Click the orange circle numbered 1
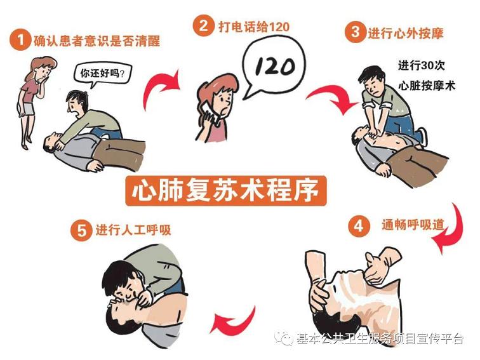click(x=20, y=40)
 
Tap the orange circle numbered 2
click(x=203, y=25)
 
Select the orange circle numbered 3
click(x=356, y=32)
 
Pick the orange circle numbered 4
click(x=359, y=226)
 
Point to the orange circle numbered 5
click(x=81, y=230)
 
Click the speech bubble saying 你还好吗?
click(x=103, y=74)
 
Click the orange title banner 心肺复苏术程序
click(x=226, y=190)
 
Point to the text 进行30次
click(x=421, y=65)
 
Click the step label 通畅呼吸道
click(x=413, y=225)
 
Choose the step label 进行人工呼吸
click(x=133, y=230)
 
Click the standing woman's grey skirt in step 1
click(x=28, y=109)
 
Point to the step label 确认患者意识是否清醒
click(x=97, y=41)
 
